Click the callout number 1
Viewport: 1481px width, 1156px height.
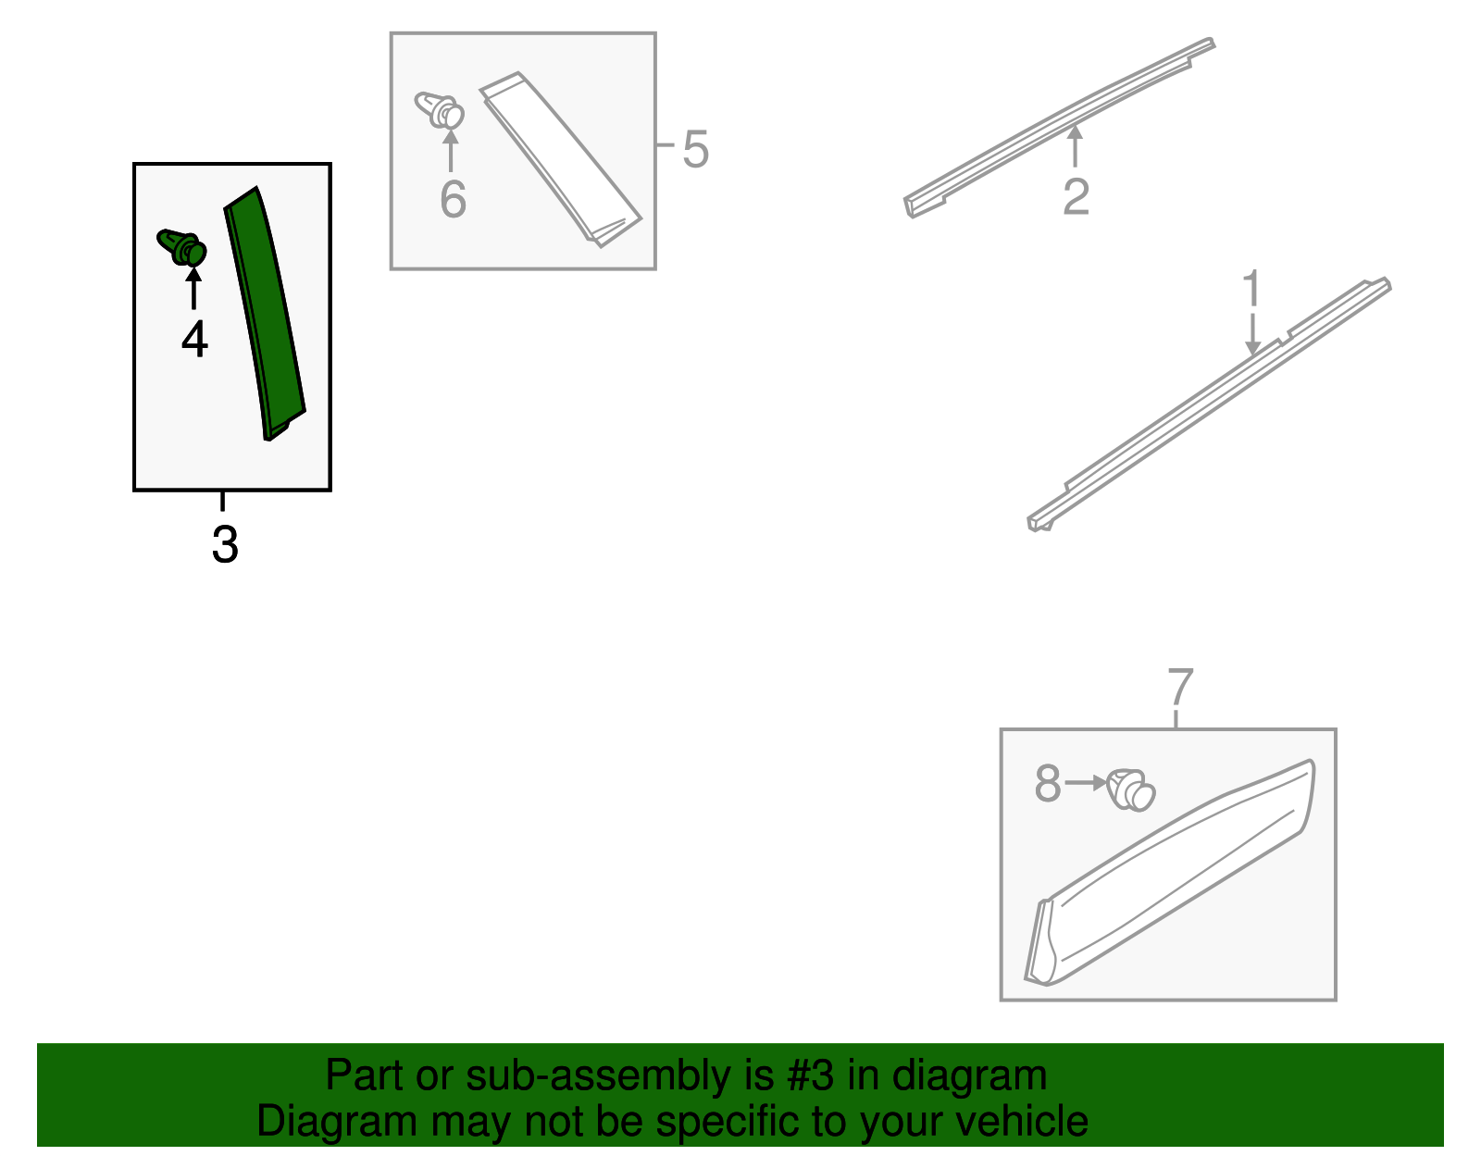(x=1251, y=288)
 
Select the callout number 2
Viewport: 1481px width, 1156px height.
(x=1077, y=197)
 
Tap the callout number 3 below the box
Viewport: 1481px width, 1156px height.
(x=225, y=544)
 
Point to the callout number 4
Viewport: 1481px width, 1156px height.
(x=195, y=340)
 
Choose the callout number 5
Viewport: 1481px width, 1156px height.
(x=695, y=149)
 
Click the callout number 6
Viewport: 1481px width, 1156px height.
(x=454, y=200)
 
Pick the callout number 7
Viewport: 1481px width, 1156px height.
(x=1180, y=687)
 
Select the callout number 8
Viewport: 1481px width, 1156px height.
(x=1048, y=783)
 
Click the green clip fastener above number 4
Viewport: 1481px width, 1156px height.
(x=182, y=247)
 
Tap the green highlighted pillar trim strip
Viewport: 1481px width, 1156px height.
(x=265, y=314)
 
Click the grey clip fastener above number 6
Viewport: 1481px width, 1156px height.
(x=440, y=110)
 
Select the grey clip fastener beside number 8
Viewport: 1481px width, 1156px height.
(x=1131, y=790)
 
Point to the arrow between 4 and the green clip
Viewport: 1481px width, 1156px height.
(x=194, y=289)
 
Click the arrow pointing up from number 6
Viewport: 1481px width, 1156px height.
(x=451, y=150)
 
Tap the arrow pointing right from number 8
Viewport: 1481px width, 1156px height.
(x=1085, y=783)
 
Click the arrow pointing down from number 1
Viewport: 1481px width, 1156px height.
(x=1252, y=334)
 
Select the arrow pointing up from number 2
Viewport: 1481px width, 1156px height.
(x=1075, y=146)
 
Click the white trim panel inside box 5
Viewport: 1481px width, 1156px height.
(x=560, y=159)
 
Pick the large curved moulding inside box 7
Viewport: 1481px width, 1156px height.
(x=1170, y=873)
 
